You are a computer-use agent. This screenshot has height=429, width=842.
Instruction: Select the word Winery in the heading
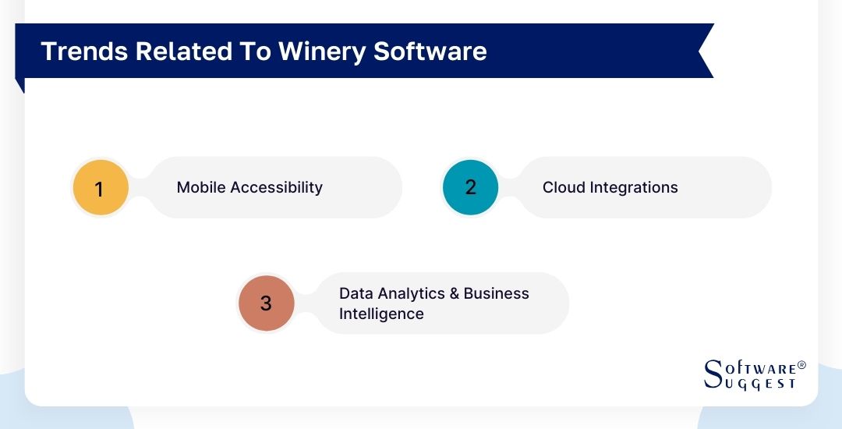[318, 51]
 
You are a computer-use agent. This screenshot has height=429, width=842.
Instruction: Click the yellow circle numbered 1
[100, 188]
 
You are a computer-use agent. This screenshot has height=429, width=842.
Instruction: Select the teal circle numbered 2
[470, 187]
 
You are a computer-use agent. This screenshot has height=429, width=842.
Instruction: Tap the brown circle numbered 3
[266, 303]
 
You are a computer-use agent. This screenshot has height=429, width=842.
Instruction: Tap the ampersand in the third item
[454, 293]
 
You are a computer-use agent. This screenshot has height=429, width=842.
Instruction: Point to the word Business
[497, 293]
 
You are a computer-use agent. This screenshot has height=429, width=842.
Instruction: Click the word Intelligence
[381, 314]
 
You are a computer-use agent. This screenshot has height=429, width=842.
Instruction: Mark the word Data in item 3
[356, 293]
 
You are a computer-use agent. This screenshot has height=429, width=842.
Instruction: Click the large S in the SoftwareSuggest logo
[713, 374]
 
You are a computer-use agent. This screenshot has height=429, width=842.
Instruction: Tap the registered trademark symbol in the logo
[801, 365]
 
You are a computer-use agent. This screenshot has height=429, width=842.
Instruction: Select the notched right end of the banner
[704, 51]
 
